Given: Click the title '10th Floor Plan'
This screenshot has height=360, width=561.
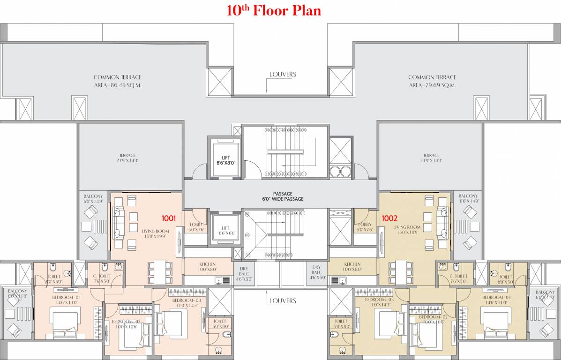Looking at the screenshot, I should pos(274,11).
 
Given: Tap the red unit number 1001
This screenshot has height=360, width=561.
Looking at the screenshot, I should pos(168,218).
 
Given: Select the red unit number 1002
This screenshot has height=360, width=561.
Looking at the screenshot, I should pos(389,218).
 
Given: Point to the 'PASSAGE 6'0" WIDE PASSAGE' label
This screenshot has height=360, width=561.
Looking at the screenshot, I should pos(282,196).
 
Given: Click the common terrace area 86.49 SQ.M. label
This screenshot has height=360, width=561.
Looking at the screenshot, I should pos(117,81).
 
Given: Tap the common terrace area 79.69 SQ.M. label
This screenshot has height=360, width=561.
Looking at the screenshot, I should pos(432,81).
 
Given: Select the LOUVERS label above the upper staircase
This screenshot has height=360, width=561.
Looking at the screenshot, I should pos(282,75).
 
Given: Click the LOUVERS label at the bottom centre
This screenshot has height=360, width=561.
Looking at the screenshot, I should pos(282,300).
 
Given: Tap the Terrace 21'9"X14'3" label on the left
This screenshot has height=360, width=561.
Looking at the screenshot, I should pos(127,158).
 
